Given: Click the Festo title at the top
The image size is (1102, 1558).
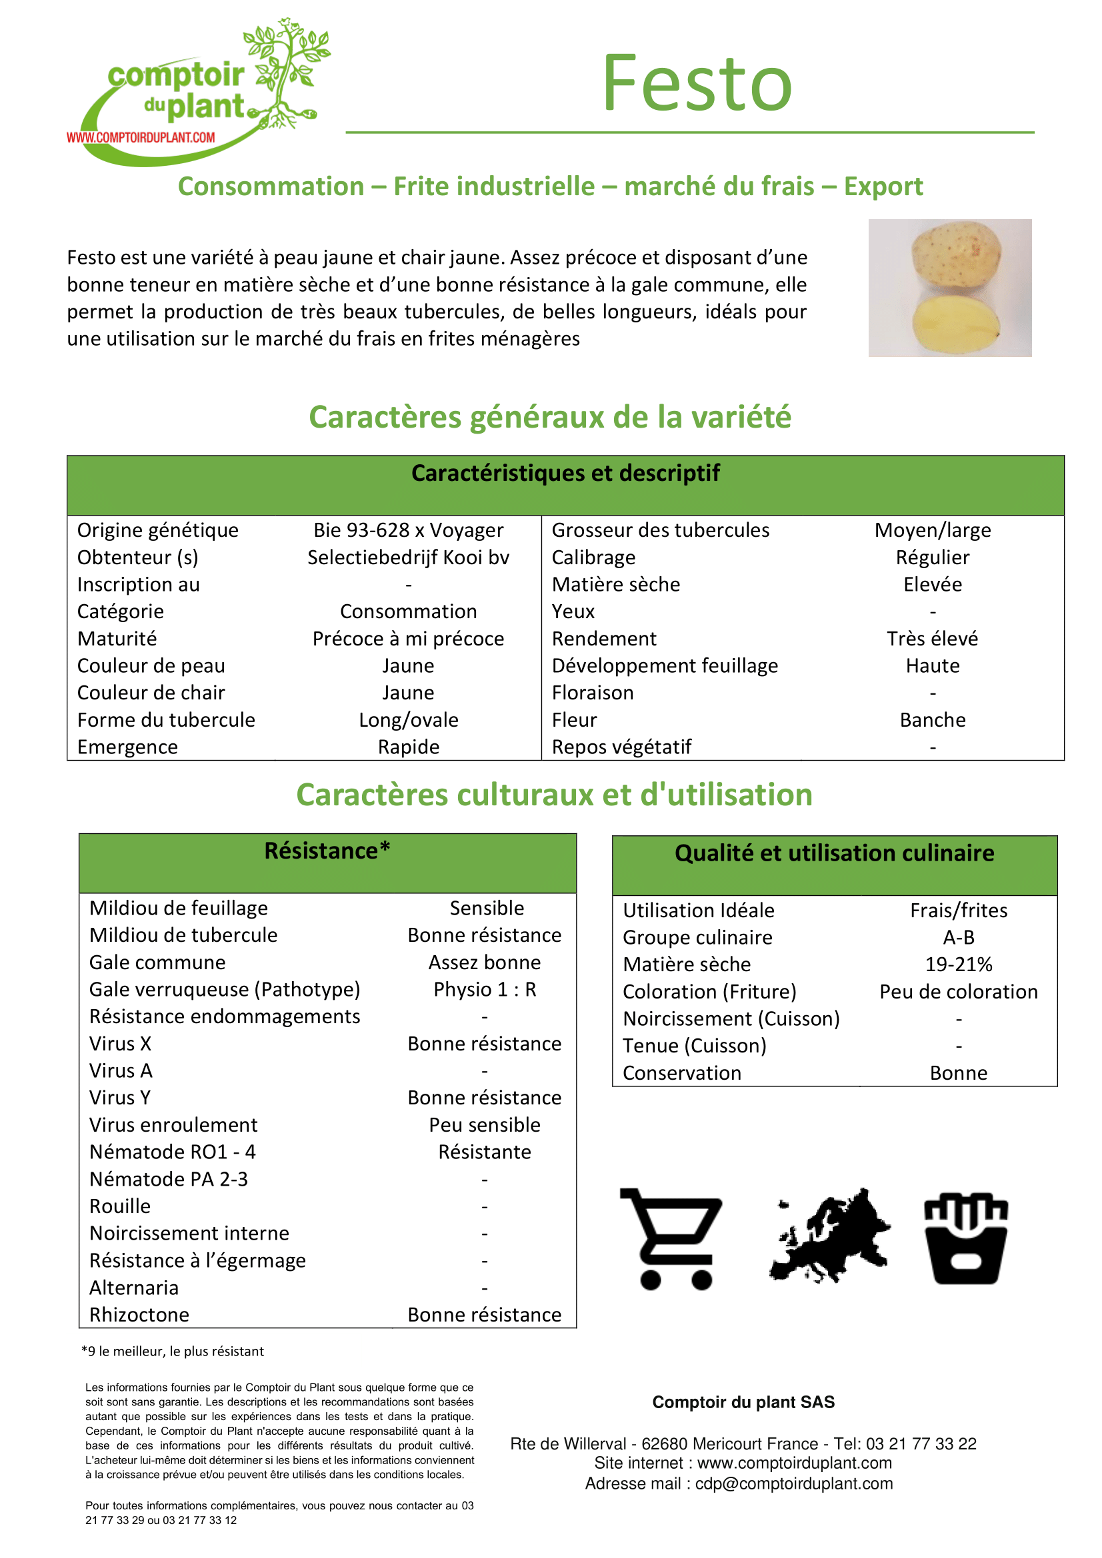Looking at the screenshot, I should pos(697,84).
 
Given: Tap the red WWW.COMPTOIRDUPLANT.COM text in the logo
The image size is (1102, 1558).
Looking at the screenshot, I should pos(141,138).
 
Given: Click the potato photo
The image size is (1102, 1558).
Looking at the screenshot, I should pos(949,288).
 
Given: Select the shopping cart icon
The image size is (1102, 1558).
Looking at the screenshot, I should pos(671,1238).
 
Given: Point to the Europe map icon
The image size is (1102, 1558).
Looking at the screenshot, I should pos(830,1236).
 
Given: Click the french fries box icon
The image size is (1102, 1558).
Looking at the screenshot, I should pos(965,1238).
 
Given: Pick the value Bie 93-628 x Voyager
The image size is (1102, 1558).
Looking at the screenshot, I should pos(408,530).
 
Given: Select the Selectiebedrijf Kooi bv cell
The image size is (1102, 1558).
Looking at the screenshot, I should pos(408,557).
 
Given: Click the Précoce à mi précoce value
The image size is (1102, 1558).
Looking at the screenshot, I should pos(408,639).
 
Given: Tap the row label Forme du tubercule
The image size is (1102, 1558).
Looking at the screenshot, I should pos(166,720).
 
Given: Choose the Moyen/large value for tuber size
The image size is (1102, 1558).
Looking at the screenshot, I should pos(932,530).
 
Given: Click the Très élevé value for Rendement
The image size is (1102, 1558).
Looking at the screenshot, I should pos(932,639).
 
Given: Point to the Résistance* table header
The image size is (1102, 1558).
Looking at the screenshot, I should pos(327,851).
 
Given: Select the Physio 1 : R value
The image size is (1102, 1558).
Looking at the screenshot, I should pos(485,989).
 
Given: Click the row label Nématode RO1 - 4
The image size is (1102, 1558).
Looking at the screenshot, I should pos(173,1152).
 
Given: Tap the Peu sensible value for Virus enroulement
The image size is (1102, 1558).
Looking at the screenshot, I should pos(485,1125).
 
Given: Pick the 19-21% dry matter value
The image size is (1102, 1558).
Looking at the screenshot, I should pos(958,965).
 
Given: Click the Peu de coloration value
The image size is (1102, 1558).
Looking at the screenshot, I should pos(958,991).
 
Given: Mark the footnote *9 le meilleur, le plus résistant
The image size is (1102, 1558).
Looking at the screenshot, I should pos(173,1351).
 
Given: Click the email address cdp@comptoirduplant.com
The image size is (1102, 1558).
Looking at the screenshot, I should pos(794,1483).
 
